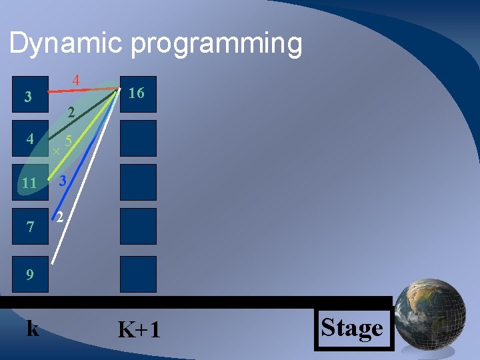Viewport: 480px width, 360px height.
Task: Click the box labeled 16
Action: [138, 94]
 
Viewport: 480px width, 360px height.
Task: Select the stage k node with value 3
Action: [27, 97]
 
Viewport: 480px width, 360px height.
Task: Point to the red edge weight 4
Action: [76, 80]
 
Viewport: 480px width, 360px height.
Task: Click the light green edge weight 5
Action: [69, 141]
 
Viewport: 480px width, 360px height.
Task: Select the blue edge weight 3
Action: [61, 181]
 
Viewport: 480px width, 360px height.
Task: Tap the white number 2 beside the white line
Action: [60, 217]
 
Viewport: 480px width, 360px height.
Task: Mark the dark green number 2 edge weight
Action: [71, 113]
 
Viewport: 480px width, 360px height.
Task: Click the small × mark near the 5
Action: [56, 152]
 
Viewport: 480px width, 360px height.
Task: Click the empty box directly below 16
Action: [138, 138]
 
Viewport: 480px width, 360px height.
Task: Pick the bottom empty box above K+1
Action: [138, 274]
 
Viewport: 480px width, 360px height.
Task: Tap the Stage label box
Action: [352, 328]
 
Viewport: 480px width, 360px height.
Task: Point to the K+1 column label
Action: [139, 329]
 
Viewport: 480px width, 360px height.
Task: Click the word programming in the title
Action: [217, 43]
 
